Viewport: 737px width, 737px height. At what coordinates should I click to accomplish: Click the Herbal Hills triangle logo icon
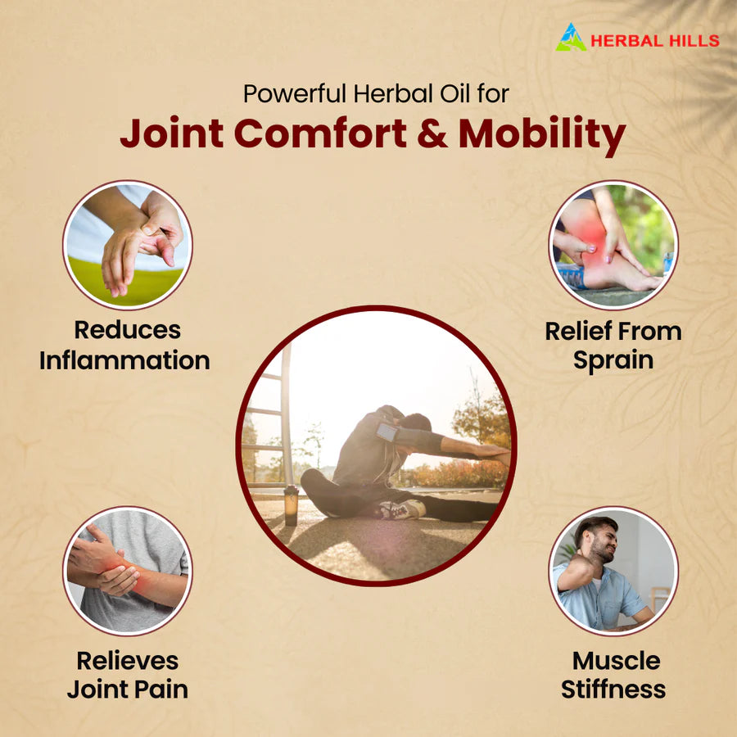tap(571, 38)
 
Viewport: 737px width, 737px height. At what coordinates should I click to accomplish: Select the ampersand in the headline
tap(432, 134)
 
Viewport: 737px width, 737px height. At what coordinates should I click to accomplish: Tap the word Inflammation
tap(124, 360)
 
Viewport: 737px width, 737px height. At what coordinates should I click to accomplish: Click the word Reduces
tap(127, 330)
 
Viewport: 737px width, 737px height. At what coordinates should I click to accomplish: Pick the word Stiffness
tap(613, 690)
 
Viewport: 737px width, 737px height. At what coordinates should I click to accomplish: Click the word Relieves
tap(127, 660)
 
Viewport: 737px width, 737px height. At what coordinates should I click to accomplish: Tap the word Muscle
tap(616, 660)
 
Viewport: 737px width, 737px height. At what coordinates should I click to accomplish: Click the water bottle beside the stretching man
tap(291, 504)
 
